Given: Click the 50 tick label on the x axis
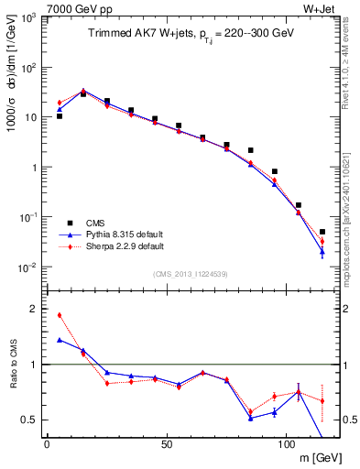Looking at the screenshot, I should (166, 443).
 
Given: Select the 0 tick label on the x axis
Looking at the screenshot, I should (47, 443).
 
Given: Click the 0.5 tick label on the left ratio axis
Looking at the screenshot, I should (29, 420).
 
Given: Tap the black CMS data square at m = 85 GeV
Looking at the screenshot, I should (250, 150).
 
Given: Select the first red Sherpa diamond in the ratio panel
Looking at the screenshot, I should (60, 315).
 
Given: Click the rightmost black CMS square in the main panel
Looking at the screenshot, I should (322, 232).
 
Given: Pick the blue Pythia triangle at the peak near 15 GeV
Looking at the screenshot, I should (83, 91).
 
